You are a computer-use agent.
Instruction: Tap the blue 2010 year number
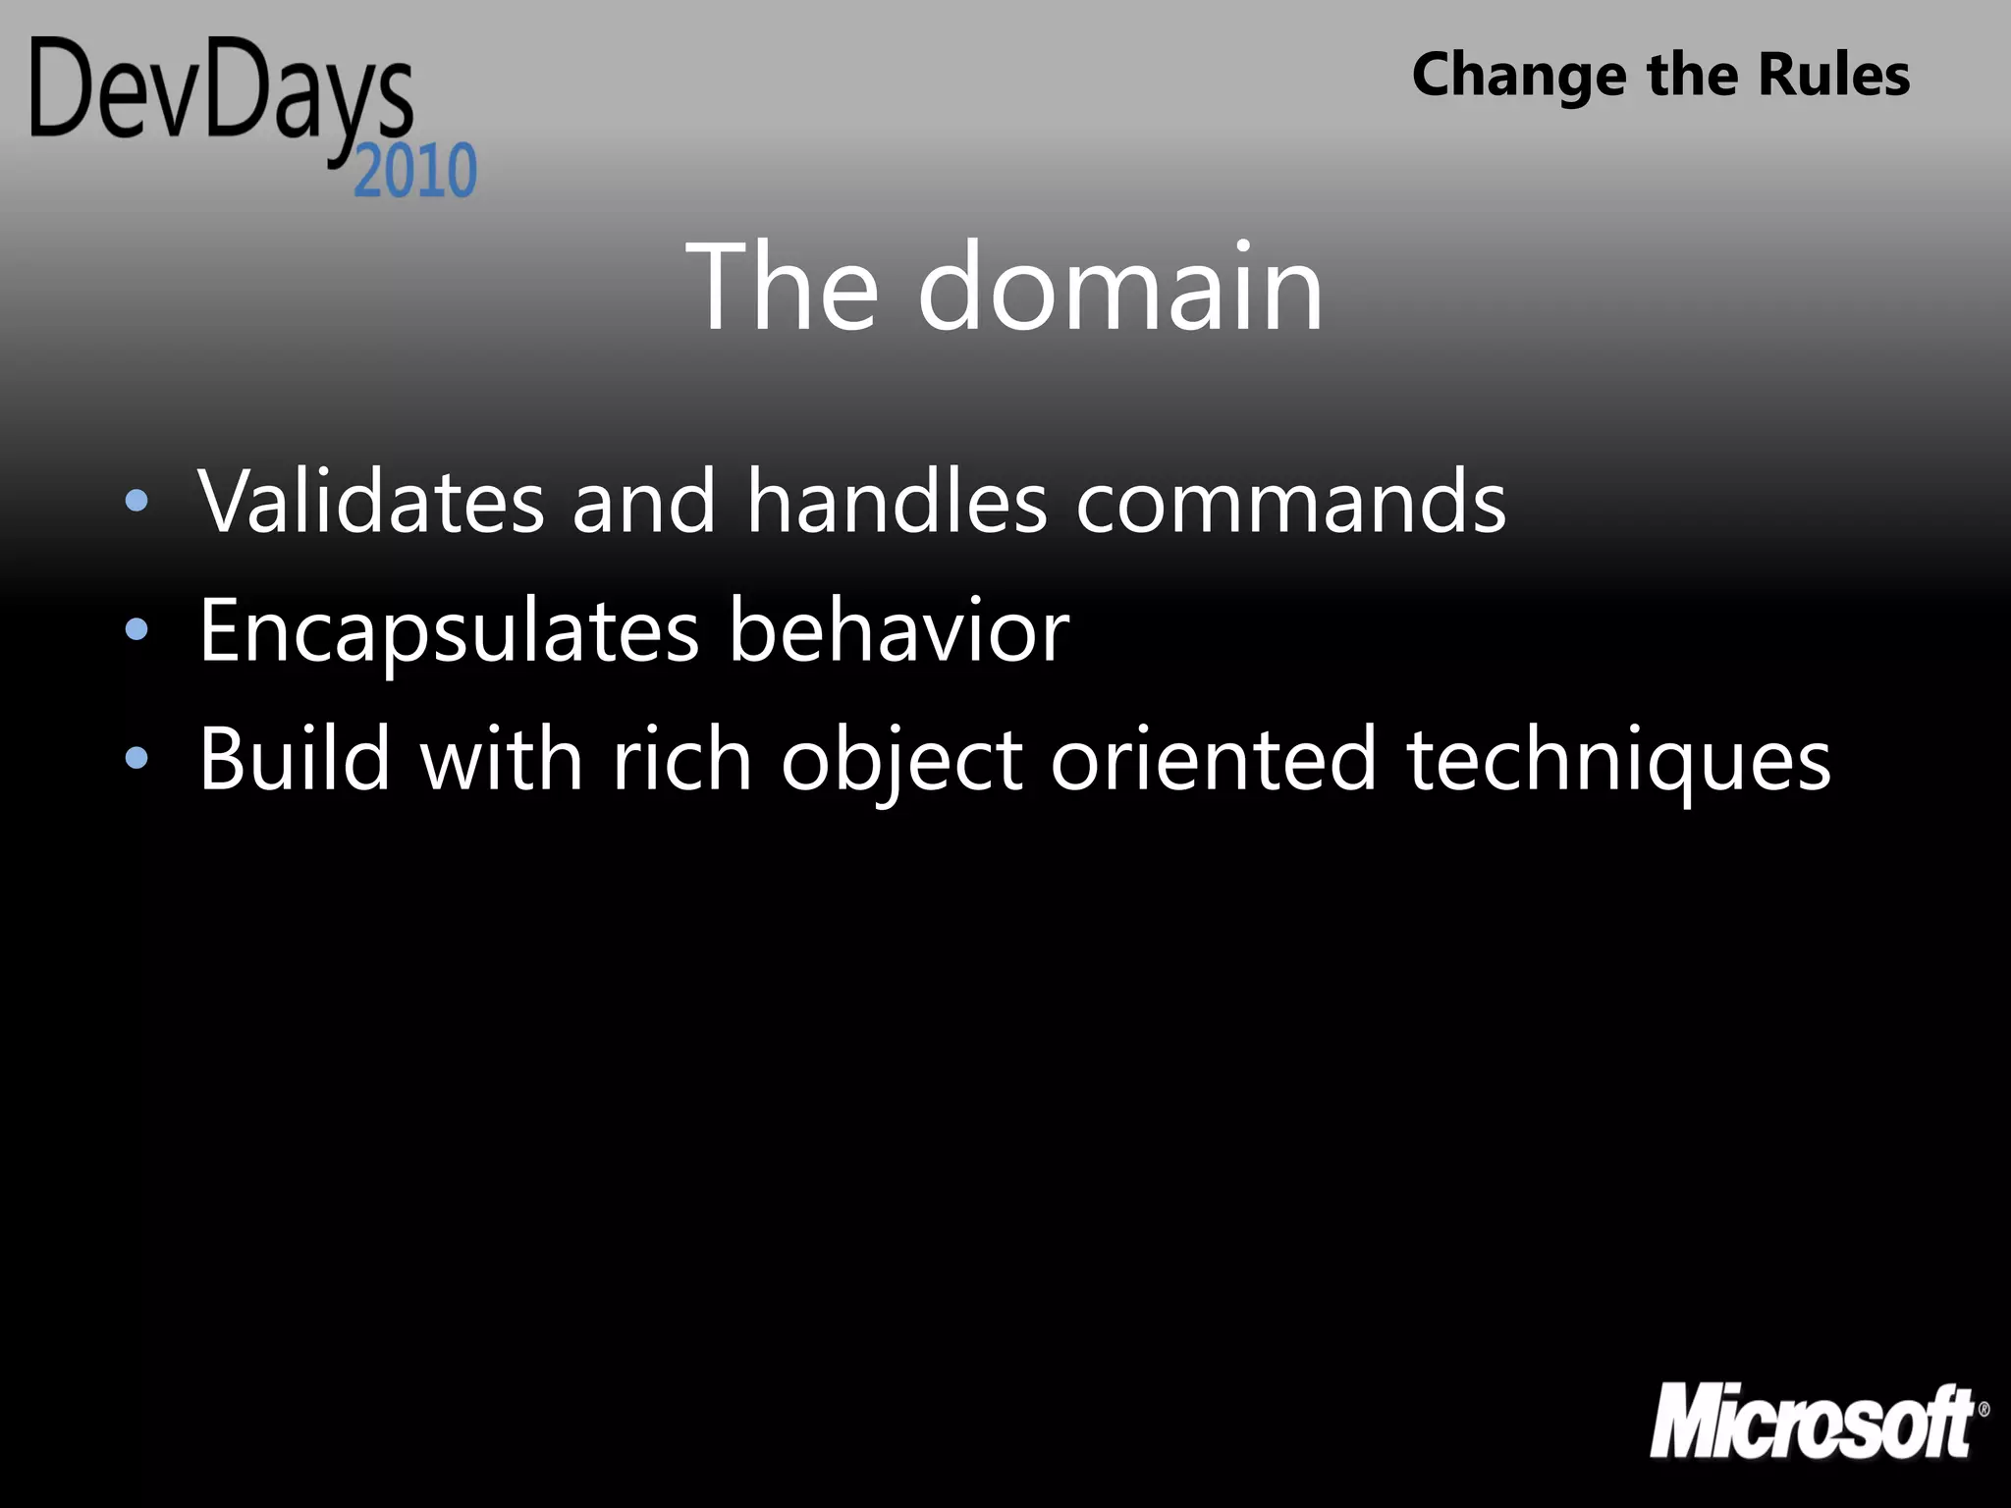pos(415,171)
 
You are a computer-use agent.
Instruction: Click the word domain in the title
pos(1120,289)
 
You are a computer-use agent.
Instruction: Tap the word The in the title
pos(782,289)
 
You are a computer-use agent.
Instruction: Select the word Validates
pos(371,502)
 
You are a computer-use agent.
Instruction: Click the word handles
pos(897,502)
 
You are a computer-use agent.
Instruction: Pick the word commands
pos(1291,502)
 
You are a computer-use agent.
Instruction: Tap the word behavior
pos(898,631)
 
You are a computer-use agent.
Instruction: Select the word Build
pos(296,759)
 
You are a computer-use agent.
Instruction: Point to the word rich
pos(682,759)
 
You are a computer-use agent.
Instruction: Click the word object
pos(902,761)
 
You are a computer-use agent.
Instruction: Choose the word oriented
pos(1214,759)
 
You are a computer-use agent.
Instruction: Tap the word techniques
pos(1619,761)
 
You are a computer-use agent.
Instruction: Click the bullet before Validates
pos(137,502)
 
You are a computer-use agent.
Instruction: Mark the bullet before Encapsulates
pos(137,630)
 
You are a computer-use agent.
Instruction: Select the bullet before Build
pos(137,758)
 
